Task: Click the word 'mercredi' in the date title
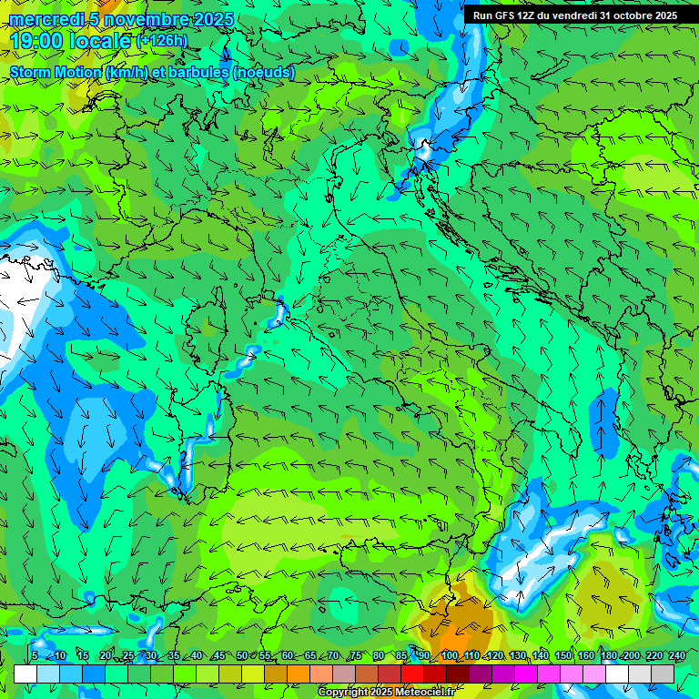(x=46, y=20)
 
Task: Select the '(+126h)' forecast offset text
(x=161, y=40)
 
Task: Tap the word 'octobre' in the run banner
(x=621, y=15)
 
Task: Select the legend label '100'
(x=449, y=655)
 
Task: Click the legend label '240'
(x=676, y=655)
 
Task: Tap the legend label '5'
(x=35, y=655)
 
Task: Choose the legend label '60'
(x=288, y=655)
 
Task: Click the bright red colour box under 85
(x=412, y=674)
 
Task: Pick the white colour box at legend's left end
(x=25, y=674)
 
